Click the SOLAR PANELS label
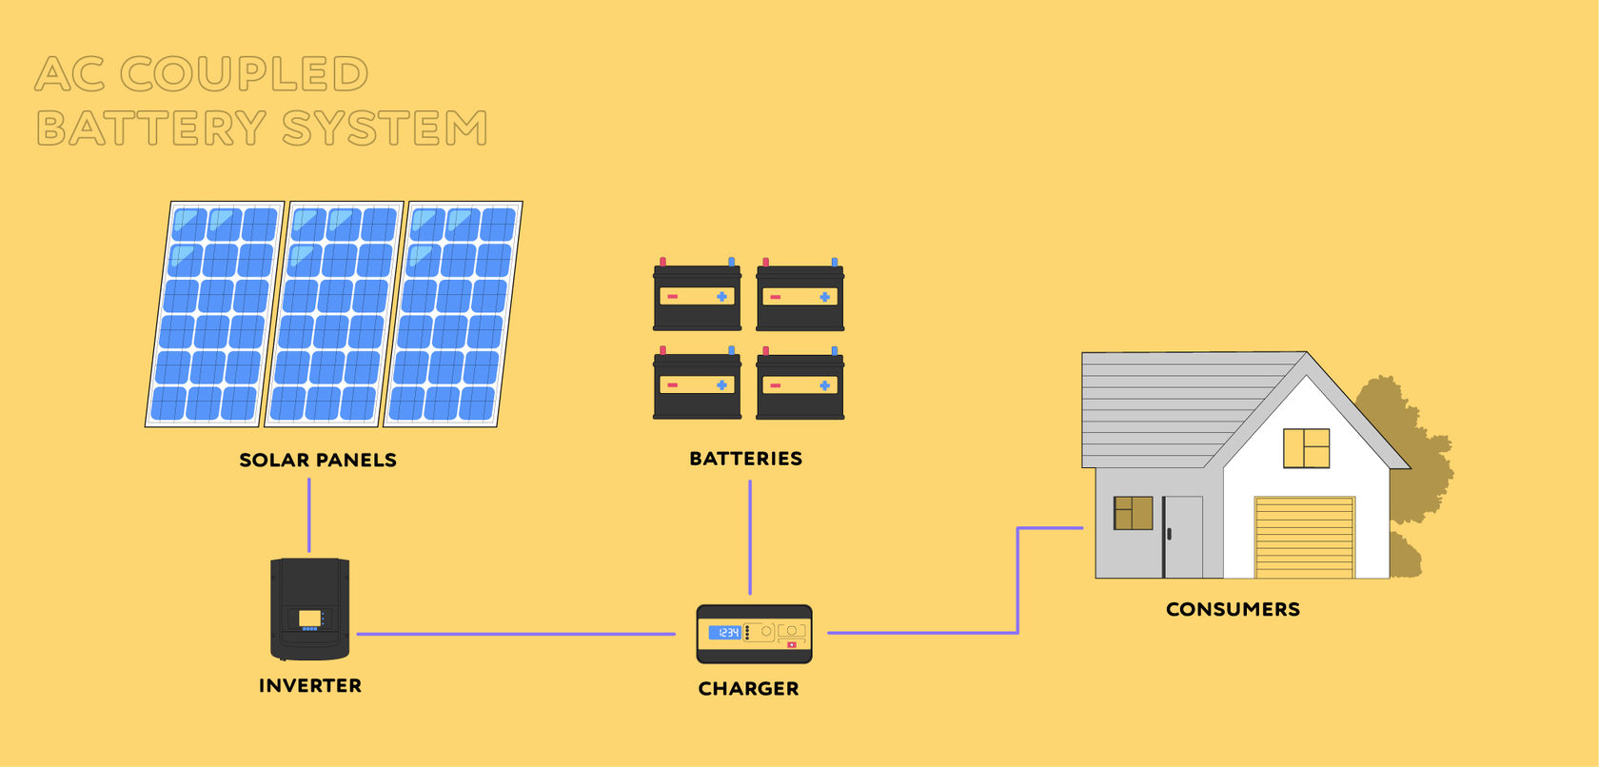[x=318, y=460]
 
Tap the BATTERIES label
[x=745, y=459]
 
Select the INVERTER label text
[x=310, y=685]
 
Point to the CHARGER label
[x=748, y=688]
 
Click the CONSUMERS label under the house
[x=1233, y=609]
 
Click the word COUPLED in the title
[x=244, y=74]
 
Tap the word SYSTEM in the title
[x=385, y=128]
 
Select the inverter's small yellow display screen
[x=309, y=619]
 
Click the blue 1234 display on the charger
[x=724, y=632]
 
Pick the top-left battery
[x=697, y=297]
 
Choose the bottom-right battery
[x=800, y=385]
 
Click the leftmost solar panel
[x=215, y=314]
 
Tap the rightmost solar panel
[x=453, y=314]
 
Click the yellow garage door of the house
[x=1304, y=538]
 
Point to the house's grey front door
[x=1183, y=537]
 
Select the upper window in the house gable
[x=1306, y=448]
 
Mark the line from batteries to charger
[x=750, y=538]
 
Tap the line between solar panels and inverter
[x=309, y=515]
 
